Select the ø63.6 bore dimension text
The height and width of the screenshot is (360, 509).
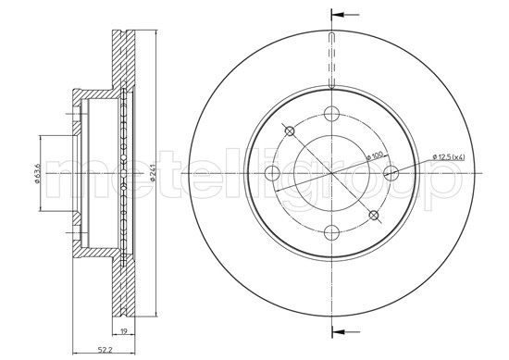point(37,174)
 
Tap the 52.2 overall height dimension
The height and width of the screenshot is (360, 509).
point(104,350)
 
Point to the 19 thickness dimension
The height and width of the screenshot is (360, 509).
point(123,331)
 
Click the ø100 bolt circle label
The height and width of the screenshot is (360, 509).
point(375,155)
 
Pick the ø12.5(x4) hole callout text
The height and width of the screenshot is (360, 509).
point(449,157)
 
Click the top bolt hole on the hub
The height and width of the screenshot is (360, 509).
point(331,114)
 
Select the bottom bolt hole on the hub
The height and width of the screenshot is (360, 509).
point(331,232)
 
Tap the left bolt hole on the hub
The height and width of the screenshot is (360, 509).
point(272,173)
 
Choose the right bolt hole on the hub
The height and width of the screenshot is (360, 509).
point(391,173)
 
